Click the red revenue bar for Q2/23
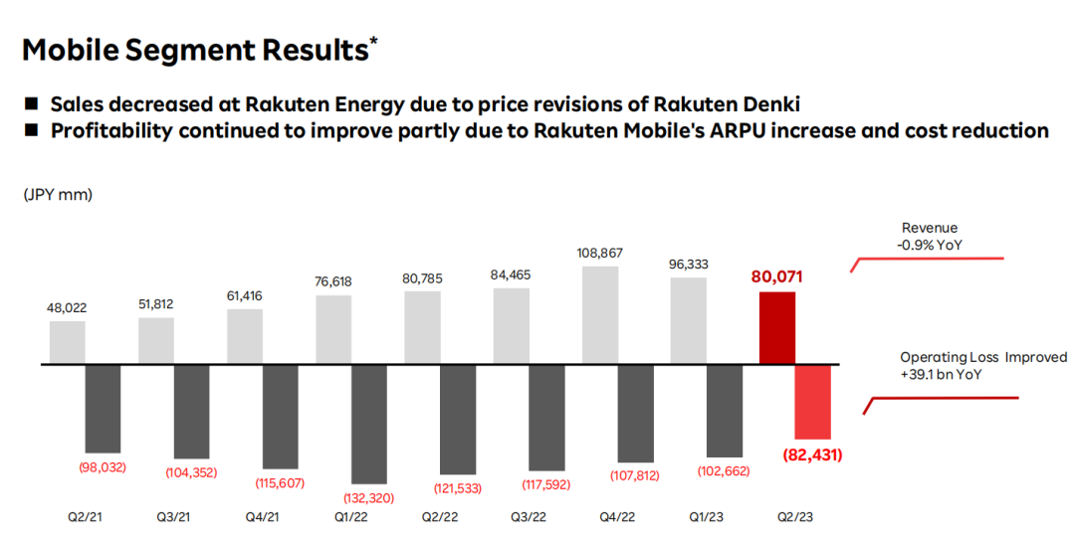click(x=777, y=328)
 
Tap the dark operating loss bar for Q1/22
click(x=369, y=425)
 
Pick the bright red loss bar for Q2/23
click(x=812, y=402)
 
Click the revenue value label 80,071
click(x=777, y=276)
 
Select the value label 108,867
click(x=600, y=253)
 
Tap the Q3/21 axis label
click(x=175, y=517)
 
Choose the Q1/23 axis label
click(x=707, y=517)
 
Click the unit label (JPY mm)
click(x=58, y=195)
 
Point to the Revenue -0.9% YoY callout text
click(x=930, y=236)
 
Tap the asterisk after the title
click(x=373, y=42)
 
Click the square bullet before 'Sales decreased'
click(x=32, y=103)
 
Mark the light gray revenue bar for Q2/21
click(x=67, y=342)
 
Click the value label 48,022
click(x=67, y=307)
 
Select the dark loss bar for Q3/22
click(x=547, y=418)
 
